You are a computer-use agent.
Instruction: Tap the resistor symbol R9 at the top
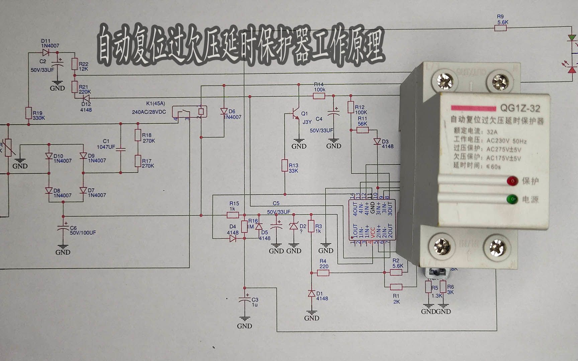pyautogui.click(x=500, y=28)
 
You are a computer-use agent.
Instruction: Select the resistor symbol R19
pyautogui.click(x=28, y=113)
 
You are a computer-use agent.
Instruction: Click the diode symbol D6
pyautogui.click(x=224, y=112)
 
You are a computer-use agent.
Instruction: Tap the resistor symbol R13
pyautogui.click(x=284, y=166)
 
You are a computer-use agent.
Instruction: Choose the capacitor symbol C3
pyautogui.click(x=245, y=300)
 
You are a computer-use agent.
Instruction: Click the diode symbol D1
pyautogui.click(x=311, y=293)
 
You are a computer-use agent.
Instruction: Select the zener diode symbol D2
pyautogui.click(x=294, y=226)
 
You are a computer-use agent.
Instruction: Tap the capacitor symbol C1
pyautogui.click(x=121, y=147)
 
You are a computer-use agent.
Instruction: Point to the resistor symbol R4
pyautogui.click(x=323, y=272)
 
